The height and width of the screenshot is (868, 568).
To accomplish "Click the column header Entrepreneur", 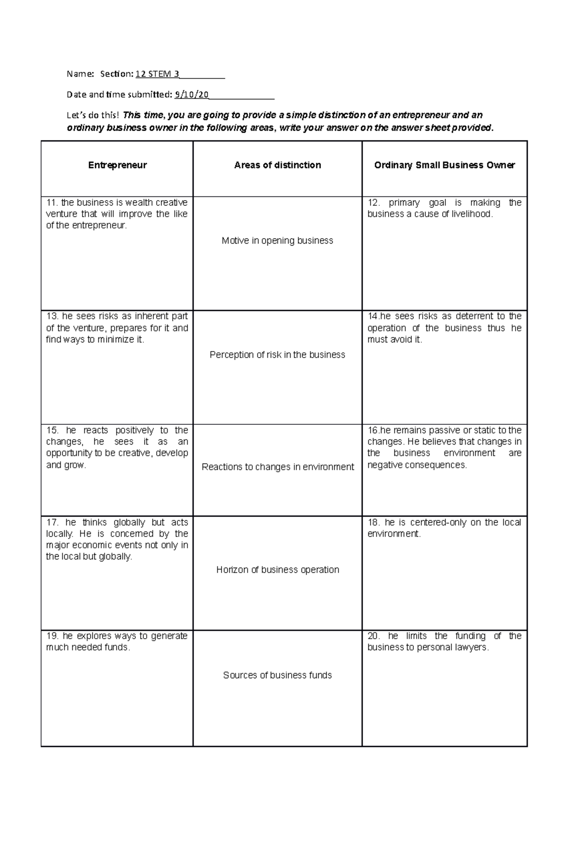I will coord(117,165).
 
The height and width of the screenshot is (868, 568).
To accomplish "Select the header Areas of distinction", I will coord(277,165).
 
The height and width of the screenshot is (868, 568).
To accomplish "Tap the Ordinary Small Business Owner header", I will coord(444,165).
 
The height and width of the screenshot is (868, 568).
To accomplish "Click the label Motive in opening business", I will coord(277,241).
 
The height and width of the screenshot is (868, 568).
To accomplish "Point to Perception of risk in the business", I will coord(277,355).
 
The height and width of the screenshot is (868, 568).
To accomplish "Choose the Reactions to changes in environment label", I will coord(277,467).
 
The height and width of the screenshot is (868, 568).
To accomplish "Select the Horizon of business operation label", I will coord(277,570).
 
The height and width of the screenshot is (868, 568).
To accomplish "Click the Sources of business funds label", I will coord(277,675).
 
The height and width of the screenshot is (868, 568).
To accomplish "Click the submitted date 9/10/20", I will coord(191,95).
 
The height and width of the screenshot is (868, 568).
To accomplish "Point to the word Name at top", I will coord(80,74).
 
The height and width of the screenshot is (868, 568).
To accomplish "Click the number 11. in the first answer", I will coord(52,202).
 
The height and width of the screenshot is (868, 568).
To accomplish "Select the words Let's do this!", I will coord(93,115).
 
